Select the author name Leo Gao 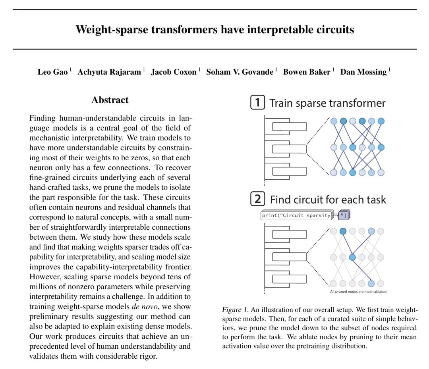[52, 72]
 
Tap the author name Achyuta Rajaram [109, 72]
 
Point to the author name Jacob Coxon [174, 72]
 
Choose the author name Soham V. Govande [240, 72]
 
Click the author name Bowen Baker [306, 72]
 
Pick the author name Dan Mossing [363, 72]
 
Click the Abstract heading [110, 100]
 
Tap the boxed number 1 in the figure [258, 103]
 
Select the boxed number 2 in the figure [258, 199]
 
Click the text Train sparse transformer [327, 104]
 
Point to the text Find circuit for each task [328, 199]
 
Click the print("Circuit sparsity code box [296, 215]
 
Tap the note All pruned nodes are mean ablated [358, 292]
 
